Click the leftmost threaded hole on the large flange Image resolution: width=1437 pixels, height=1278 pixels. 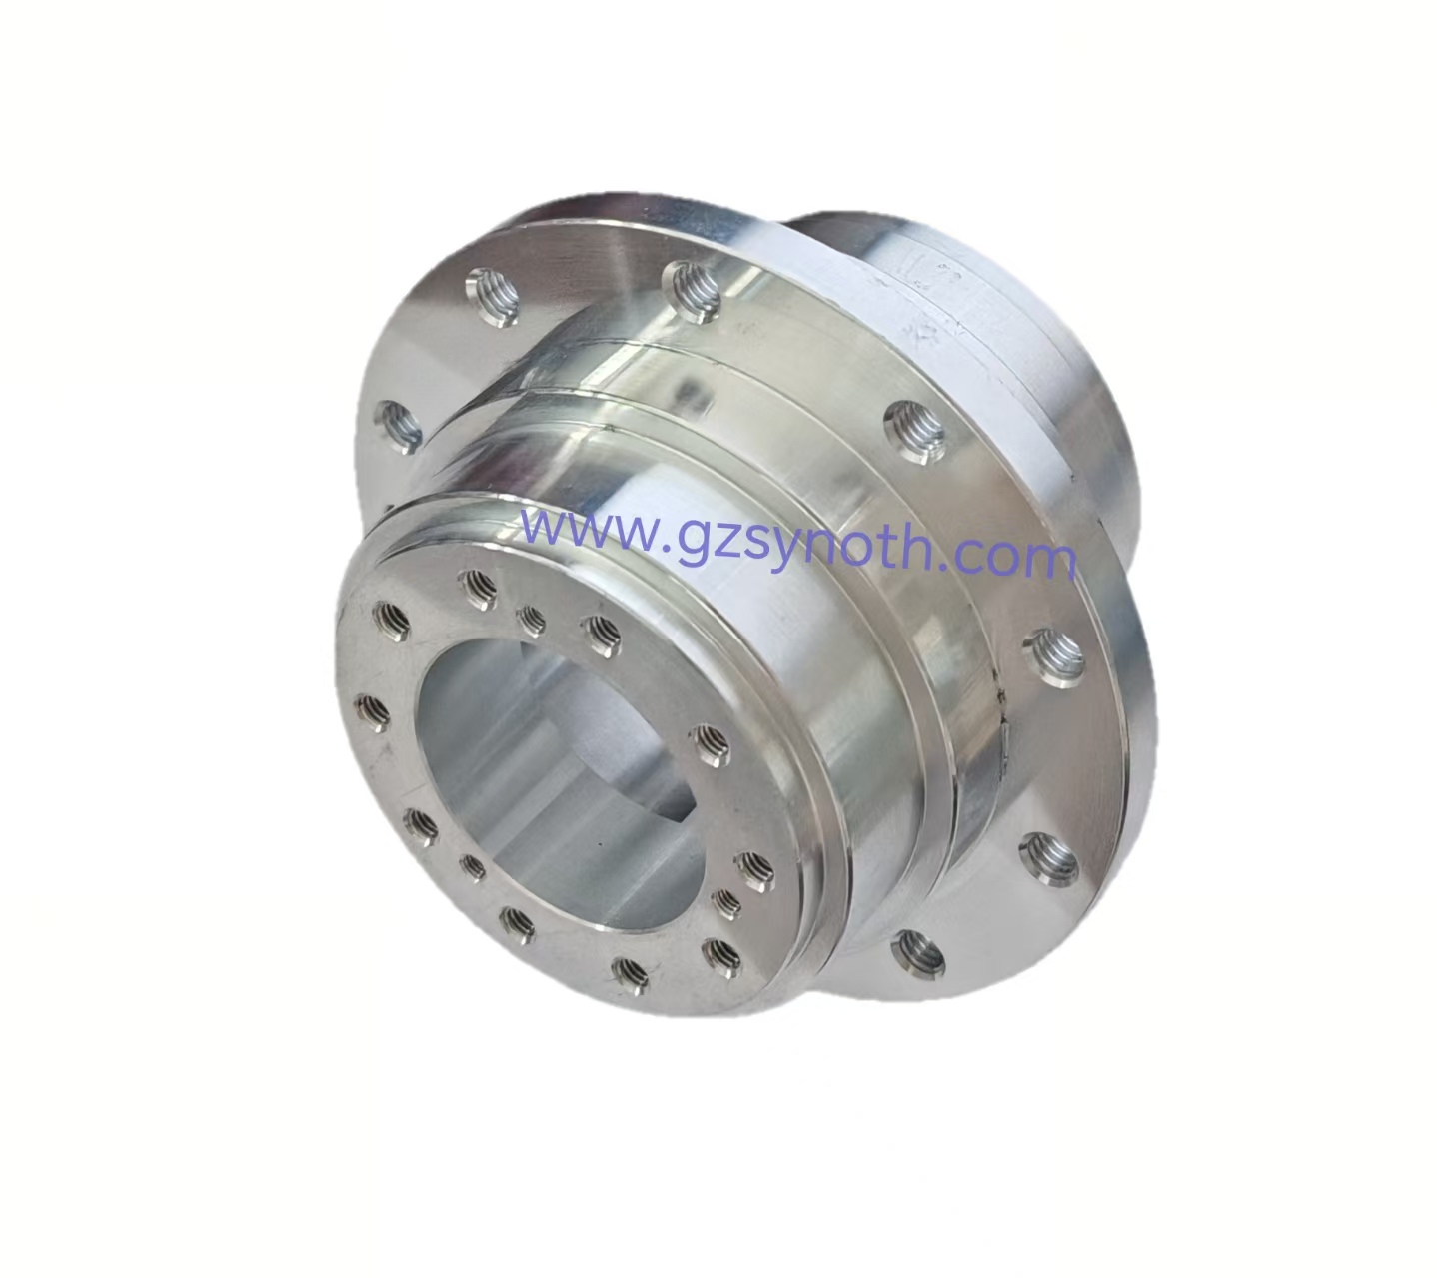coord(397,424)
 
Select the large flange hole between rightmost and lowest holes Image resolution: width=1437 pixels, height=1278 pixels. coord(1045,852)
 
